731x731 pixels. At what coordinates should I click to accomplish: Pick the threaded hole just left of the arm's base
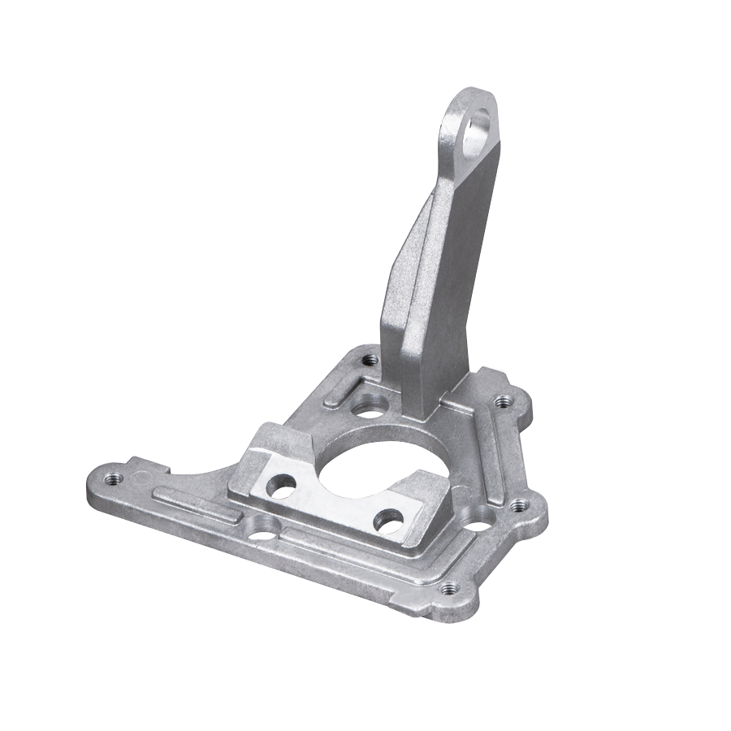pyautogui.click(x=370, y=358)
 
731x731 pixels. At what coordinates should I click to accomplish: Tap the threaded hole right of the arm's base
pyautogui.click(x=503, y=400)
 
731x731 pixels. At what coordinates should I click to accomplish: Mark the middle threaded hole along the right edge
pyautogui.click(x=518, y=505)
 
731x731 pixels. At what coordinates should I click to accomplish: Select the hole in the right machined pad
pyautogui.click(x=391, y=520)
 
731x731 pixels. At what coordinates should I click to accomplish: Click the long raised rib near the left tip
pyautogui.click(x=195, y=504)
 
